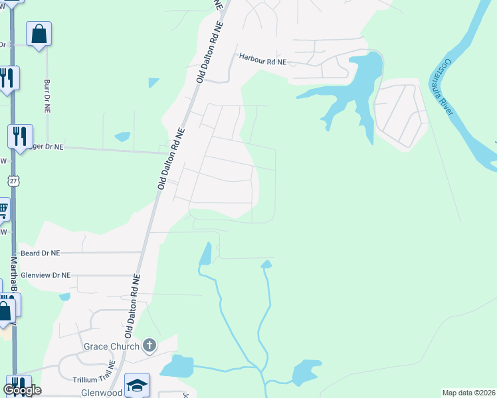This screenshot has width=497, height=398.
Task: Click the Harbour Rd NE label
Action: tap(262, 61)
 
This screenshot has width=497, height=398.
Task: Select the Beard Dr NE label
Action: tap(40, 253)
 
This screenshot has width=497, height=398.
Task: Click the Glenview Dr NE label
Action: tap(46, 275)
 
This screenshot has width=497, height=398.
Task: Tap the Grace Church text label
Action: tap(112, 346)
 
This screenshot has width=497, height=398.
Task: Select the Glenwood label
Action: tap(103, 393)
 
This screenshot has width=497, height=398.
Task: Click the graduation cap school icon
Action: tap(137, 385)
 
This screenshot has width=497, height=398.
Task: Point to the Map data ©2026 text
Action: tap(469, 393)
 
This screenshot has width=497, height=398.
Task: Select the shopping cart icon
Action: tap(3, 210)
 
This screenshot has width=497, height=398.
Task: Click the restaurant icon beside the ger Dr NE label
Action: tap(20, 136)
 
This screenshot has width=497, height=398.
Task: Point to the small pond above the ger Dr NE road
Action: tap(122, 137)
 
